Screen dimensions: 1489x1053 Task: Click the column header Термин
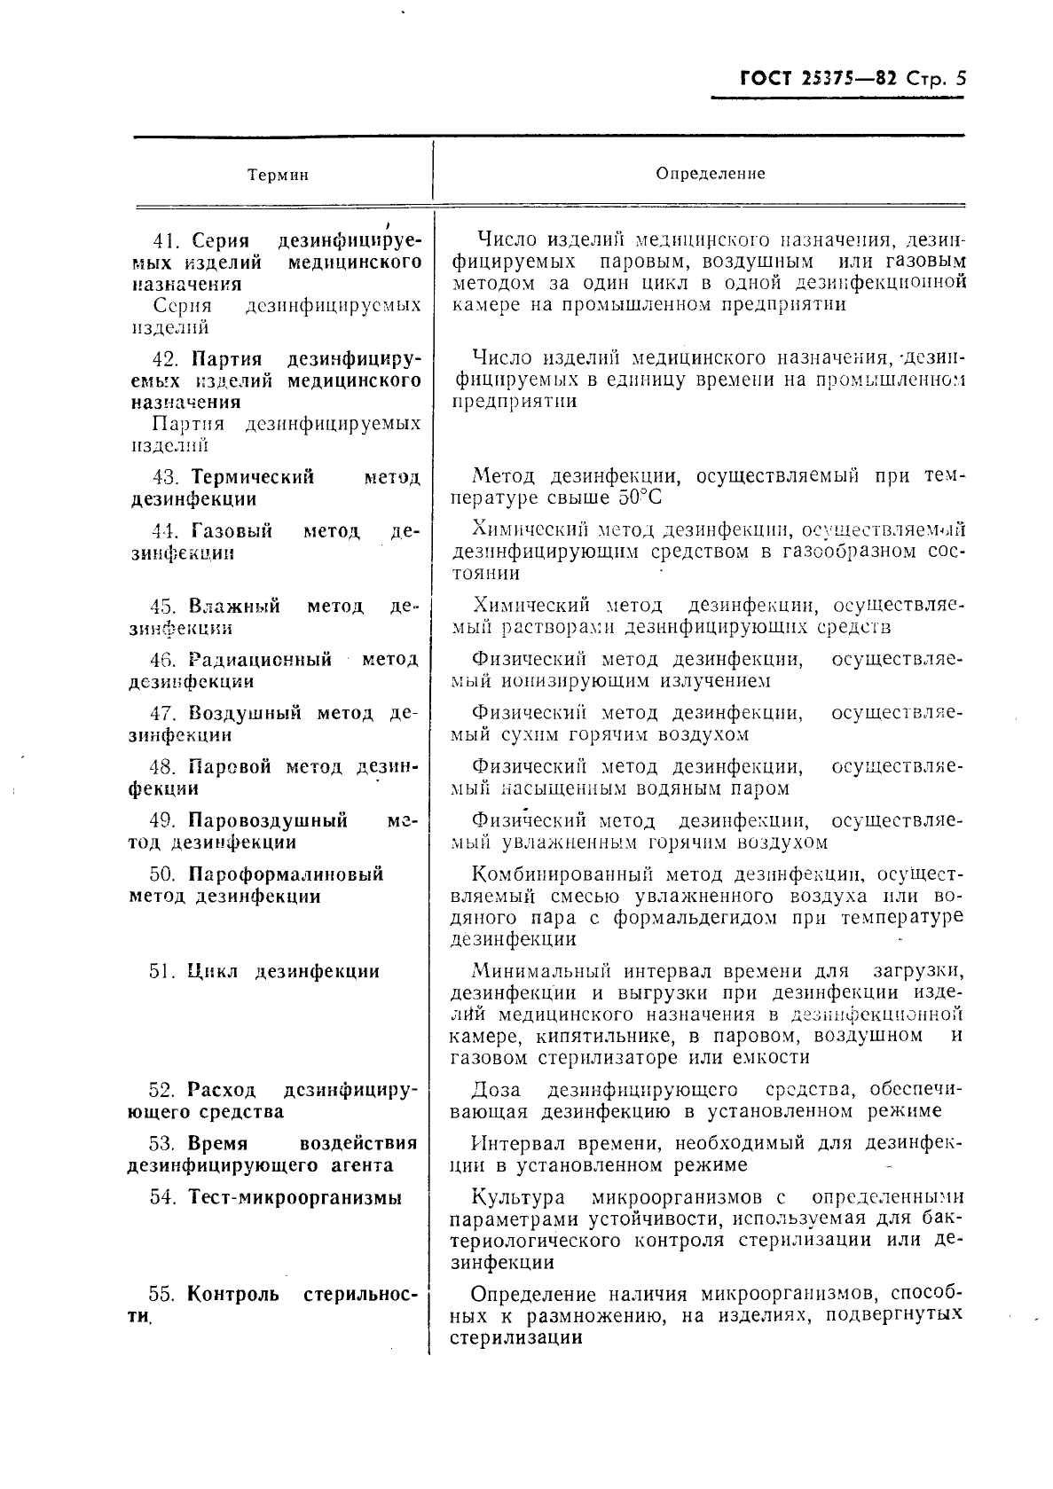[278, 175]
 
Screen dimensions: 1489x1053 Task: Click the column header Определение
[710, 174]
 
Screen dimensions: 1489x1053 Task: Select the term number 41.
[165, 241]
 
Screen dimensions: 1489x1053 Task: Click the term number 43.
[165, 477]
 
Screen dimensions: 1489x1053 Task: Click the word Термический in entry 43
[253, 477]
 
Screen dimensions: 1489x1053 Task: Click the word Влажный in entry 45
[234, 607]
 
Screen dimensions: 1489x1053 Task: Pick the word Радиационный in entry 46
[260, 660]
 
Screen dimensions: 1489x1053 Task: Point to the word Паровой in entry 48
[230, 767]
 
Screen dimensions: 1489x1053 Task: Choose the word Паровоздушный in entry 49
[268, 820]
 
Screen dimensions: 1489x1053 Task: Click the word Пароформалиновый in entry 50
[286, 874]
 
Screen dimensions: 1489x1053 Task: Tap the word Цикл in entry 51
[213, 971]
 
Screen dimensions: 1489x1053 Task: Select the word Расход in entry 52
[222, 1090]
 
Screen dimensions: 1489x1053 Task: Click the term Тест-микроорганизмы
[295, 1197]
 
